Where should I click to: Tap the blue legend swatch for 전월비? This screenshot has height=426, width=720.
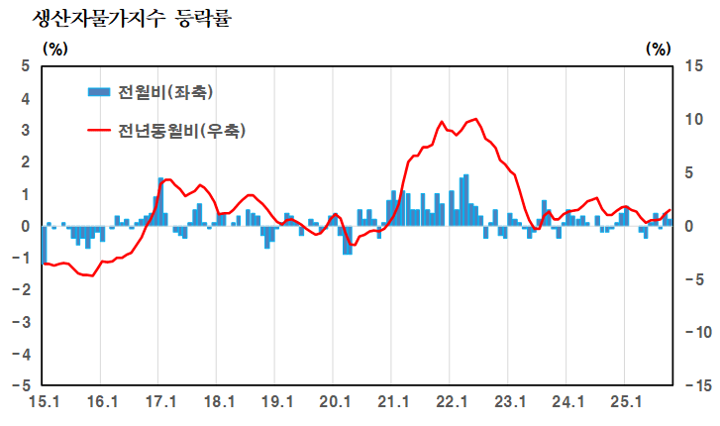(99, 92)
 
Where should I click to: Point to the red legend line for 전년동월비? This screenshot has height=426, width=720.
(99, 130)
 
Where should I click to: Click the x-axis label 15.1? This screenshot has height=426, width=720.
(45, 402)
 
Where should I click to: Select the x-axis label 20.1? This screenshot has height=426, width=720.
(336, 402)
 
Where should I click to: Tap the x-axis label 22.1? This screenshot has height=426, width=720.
(452, 402)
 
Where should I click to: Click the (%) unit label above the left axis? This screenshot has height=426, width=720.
(55, 47)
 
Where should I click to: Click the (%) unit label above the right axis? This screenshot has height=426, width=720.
(658, 47)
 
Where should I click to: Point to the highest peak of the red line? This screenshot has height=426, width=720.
(476, 119)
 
